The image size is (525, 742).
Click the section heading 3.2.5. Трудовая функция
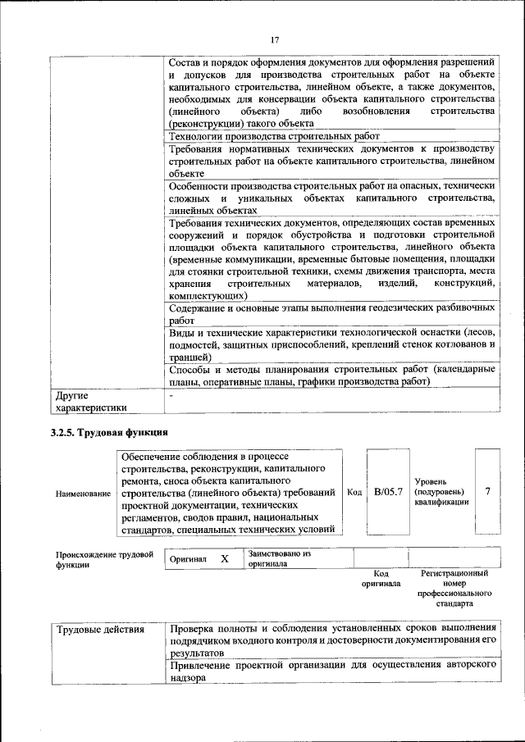pyautogui.click(x=109, y=432)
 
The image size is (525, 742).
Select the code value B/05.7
pyautogui.click(x=388, y=492)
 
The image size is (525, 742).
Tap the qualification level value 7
pyautogui.click(x=487, y=491)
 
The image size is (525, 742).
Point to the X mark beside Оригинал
pyautogui.click(x=224, y=558)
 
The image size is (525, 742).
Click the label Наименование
pyautogui.click(x=83, y=494)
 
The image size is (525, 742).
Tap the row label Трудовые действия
pyautogui.click(x=101, y=630)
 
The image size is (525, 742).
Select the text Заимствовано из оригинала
pyautogui.click(x=280, y=558)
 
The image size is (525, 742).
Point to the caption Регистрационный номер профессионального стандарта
pyautogui.click(x=454, y=588)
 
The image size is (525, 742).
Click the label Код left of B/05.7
pyautogui.click(x=354, y=492)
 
